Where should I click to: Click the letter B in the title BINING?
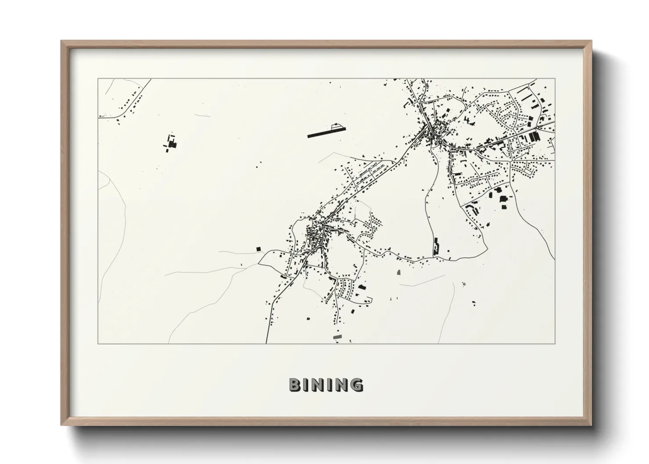294,385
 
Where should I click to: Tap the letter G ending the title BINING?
357,385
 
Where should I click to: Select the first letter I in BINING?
305,385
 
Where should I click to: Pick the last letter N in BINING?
342,385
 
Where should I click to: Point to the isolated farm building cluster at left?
171,143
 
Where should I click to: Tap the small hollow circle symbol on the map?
464,284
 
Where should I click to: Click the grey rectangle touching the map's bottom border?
337,336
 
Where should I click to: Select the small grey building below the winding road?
399,273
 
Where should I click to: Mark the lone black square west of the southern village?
258,249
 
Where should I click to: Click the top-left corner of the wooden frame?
61,41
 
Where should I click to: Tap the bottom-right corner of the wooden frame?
591,425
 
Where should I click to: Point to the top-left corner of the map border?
98,79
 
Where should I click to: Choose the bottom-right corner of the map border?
555,343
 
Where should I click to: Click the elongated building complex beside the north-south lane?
436,247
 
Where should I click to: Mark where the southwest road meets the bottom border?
266,343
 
